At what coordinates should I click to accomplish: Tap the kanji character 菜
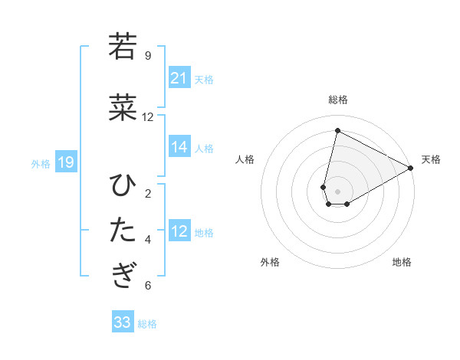tap(123, 108)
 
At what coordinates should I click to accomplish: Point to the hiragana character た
tap(123, 230)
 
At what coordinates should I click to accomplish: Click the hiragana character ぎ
tap(123, 275)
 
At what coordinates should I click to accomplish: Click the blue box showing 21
tap(179, 78)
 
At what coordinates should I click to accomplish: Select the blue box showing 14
tap(179, 148)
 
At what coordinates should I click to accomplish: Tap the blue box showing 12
tap(179, 232)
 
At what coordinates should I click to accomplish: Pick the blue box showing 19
tap(65, 163)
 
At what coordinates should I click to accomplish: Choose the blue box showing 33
tap(123, 322)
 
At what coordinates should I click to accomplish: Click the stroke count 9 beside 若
tap(148, 55)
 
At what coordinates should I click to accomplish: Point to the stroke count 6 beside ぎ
tap(148, 286)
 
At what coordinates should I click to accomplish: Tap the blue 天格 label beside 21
tap(204, 79)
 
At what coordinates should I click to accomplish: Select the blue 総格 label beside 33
tap(147, 324)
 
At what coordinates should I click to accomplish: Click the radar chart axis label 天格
tap(431, 159)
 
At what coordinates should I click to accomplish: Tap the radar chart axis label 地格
tap(402, 262)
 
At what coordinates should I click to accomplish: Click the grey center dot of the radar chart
tap(337, 191)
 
